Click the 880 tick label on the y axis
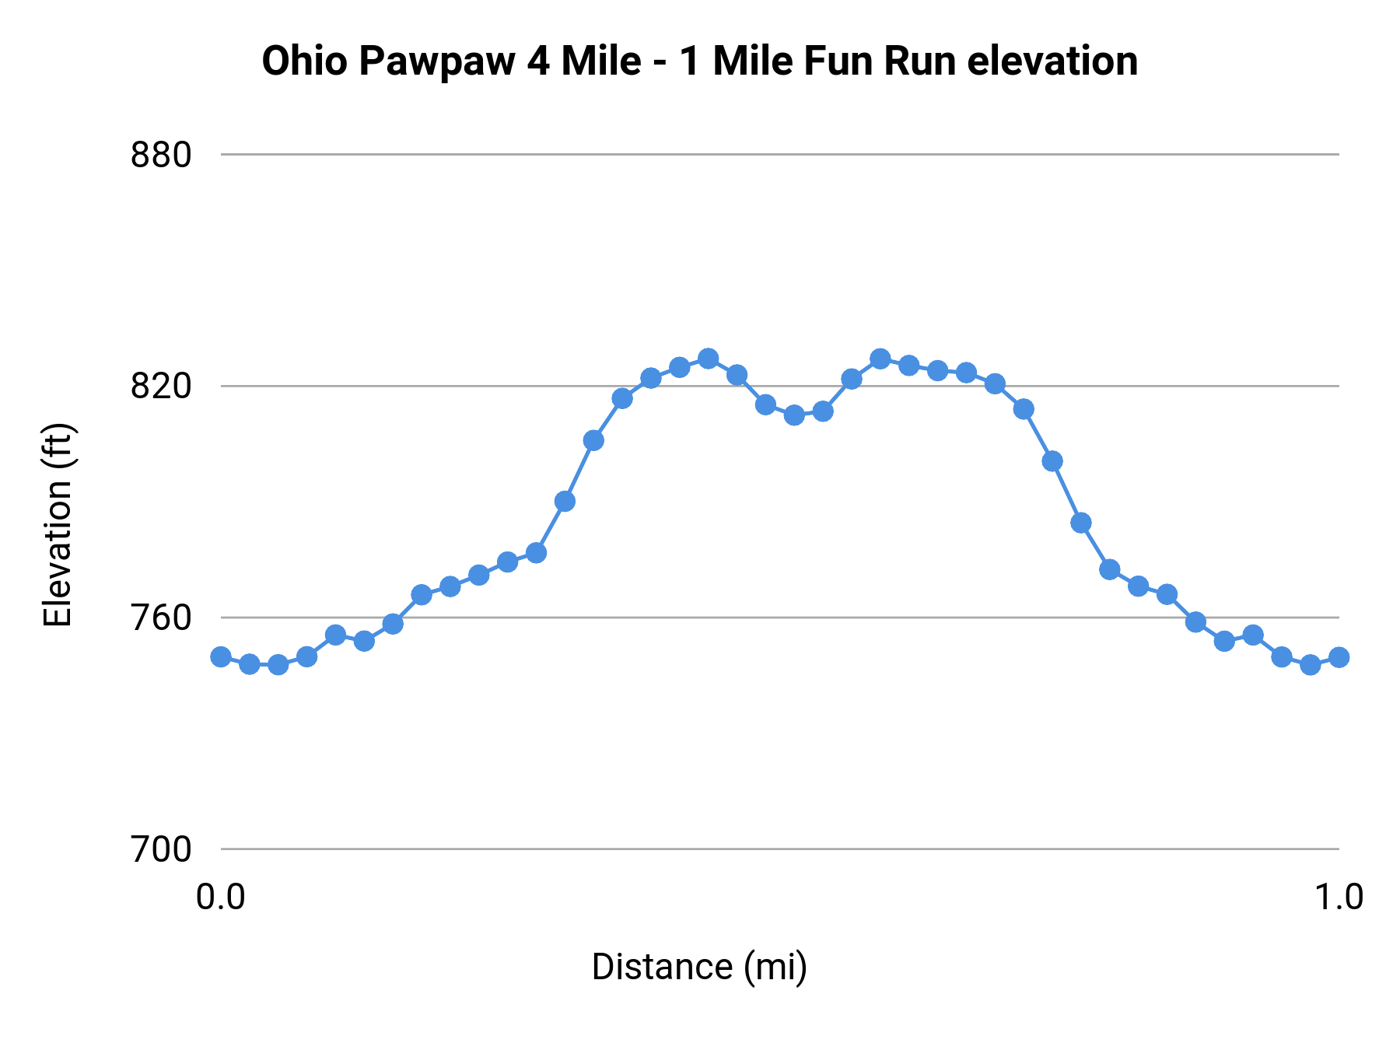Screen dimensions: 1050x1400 (x=160, y=156)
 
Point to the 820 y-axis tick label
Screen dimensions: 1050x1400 (x=160, y=386)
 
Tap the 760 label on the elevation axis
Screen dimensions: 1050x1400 (x=160, y=618)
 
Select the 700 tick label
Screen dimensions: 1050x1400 (x=160, y=849)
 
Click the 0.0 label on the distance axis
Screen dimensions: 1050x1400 (x=220, y=898)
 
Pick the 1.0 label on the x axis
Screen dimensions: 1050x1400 (x=1339, y=898)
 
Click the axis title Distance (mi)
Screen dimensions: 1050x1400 (x=699, y=967)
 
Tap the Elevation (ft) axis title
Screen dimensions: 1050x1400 (x=58, y=525)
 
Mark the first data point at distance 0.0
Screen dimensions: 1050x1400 (x=221, y=656)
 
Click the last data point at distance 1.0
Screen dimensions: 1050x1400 (x=1339, y=657)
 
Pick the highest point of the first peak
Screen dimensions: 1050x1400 (x=708, y=359)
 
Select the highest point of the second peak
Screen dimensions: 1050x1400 (x=880, y=359)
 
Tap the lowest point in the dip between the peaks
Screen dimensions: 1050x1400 (x=794, y=415)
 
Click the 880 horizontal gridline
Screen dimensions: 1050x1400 (x=778, y=155)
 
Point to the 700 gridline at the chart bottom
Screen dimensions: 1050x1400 (x=778, y=849)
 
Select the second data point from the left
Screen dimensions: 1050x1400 (x=250, y=663)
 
